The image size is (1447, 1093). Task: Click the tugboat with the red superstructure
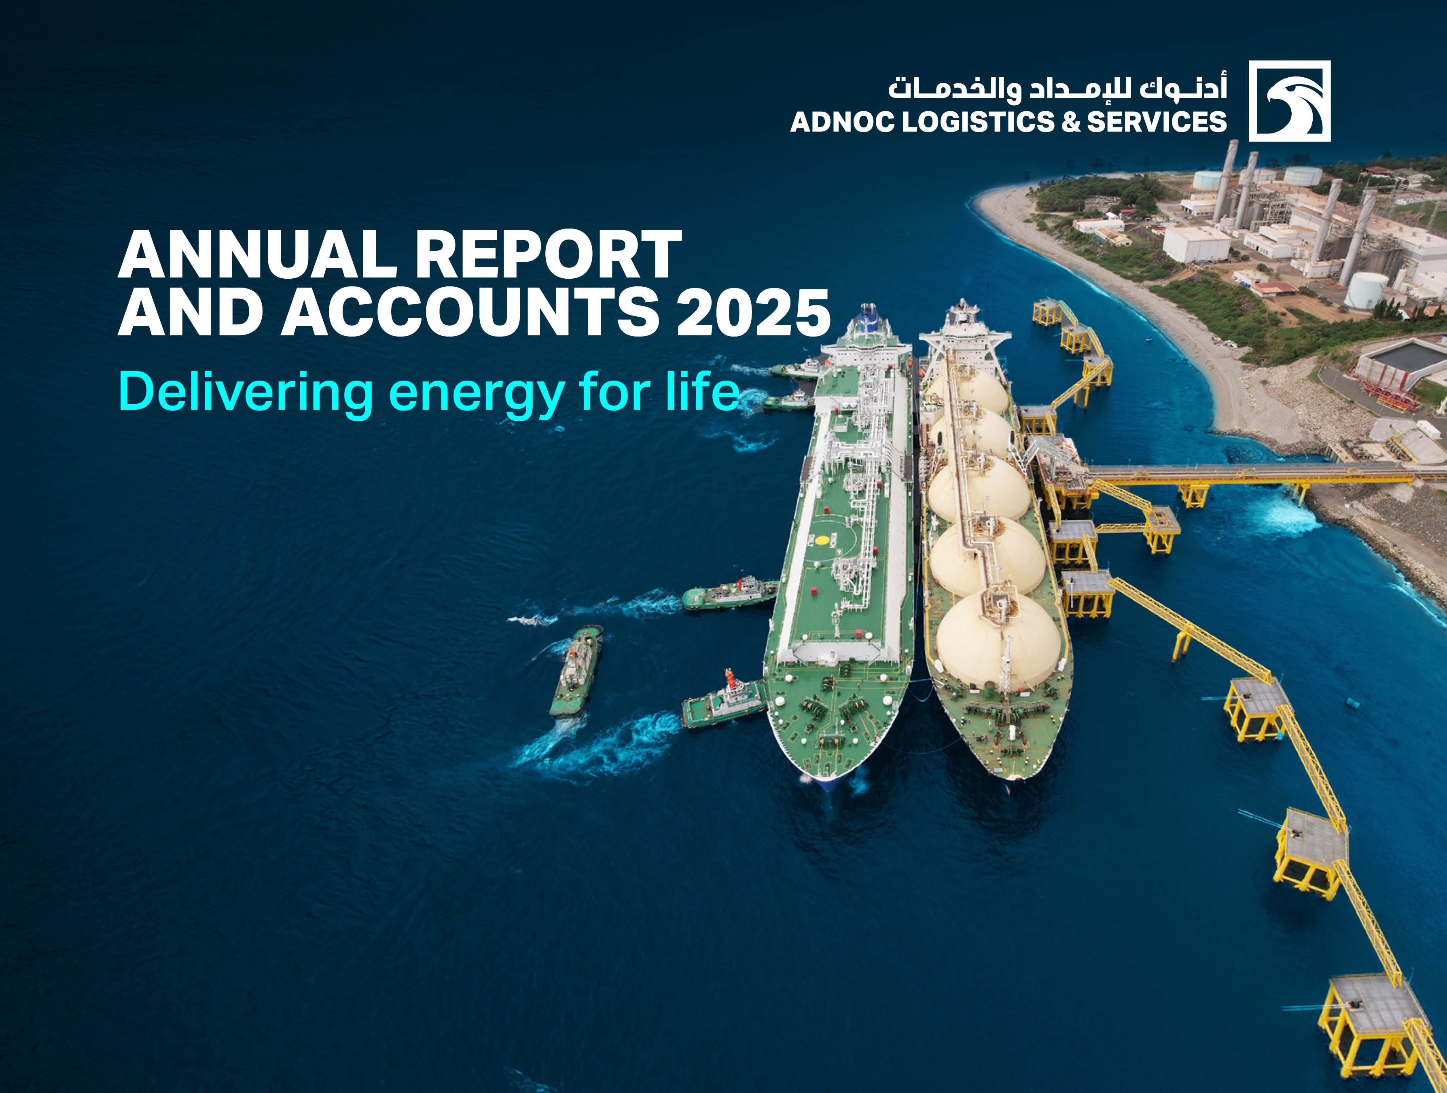tap(723, 703)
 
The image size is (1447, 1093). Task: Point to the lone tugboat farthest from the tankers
tap(576, 670)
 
